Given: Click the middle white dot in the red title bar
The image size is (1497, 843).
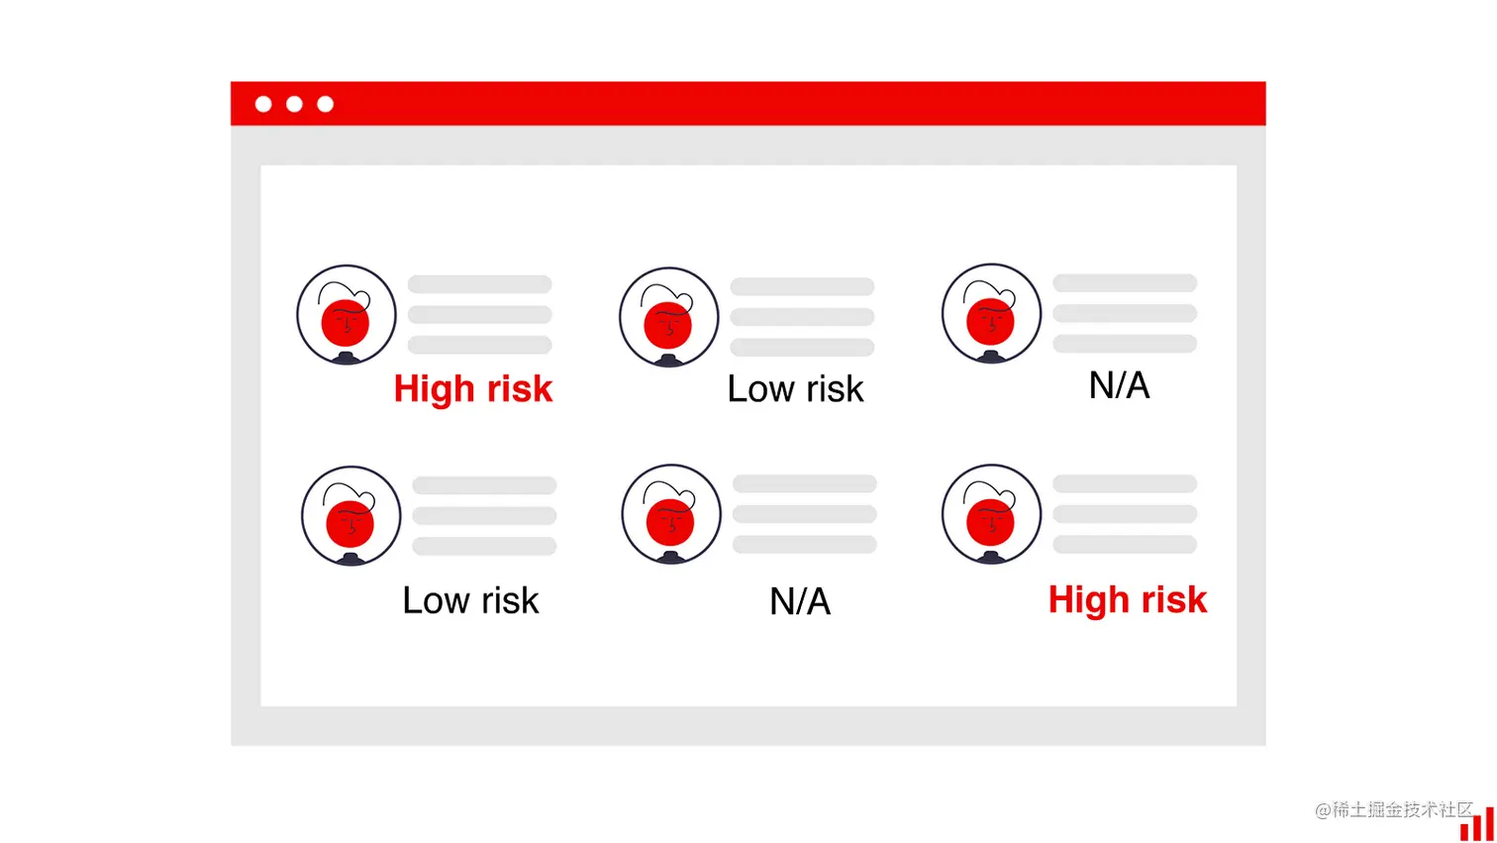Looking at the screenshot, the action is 294,104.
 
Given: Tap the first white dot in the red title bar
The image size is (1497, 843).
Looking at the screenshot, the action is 263,104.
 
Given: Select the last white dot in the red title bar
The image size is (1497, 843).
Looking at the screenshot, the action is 326,104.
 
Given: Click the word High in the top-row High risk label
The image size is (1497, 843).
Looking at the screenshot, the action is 435,389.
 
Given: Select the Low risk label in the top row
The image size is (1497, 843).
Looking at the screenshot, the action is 795,389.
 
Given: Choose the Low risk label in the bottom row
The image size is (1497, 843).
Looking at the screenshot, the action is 470,600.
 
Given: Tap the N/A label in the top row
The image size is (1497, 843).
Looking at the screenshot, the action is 1120,385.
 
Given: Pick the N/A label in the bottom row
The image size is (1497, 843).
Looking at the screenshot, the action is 800,601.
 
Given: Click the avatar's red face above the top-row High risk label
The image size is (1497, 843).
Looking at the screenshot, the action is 346,323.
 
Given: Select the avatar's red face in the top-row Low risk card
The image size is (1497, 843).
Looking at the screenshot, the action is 667,326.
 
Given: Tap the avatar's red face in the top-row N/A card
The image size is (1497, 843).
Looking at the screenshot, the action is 990,322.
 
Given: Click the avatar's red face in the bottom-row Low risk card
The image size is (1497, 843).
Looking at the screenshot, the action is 350,524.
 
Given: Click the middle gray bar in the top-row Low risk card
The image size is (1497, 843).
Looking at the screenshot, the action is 802,317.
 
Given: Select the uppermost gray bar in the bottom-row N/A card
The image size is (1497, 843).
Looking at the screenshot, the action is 805,483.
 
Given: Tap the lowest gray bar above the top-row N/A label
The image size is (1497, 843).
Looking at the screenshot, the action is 1125,344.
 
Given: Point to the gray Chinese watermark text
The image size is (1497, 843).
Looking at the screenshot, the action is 1393,810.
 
